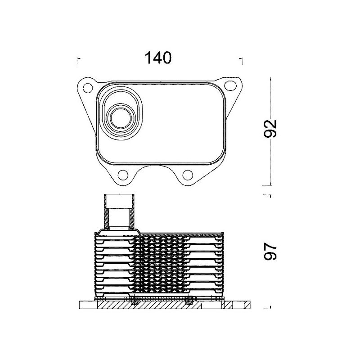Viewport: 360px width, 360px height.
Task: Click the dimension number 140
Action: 157,58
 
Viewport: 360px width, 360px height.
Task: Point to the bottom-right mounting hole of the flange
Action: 189,175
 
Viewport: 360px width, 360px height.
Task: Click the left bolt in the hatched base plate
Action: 135,302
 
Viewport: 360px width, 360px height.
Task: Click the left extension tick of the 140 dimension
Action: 79,58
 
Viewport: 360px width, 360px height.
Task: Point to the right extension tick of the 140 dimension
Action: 242,58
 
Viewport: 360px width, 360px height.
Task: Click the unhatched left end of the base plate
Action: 87,305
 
